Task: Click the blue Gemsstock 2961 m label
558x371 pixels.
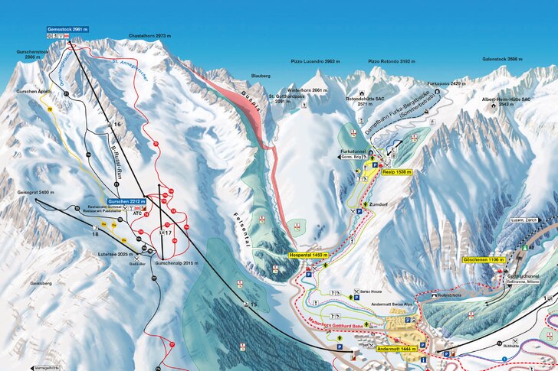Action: (67, 29)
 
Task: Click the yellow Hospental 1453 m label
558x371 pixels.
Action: (309, 255)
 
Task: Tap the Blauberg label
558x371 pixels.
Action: (261, 76)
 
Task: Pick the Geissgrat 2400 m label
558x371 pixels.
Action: (54, 192)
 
